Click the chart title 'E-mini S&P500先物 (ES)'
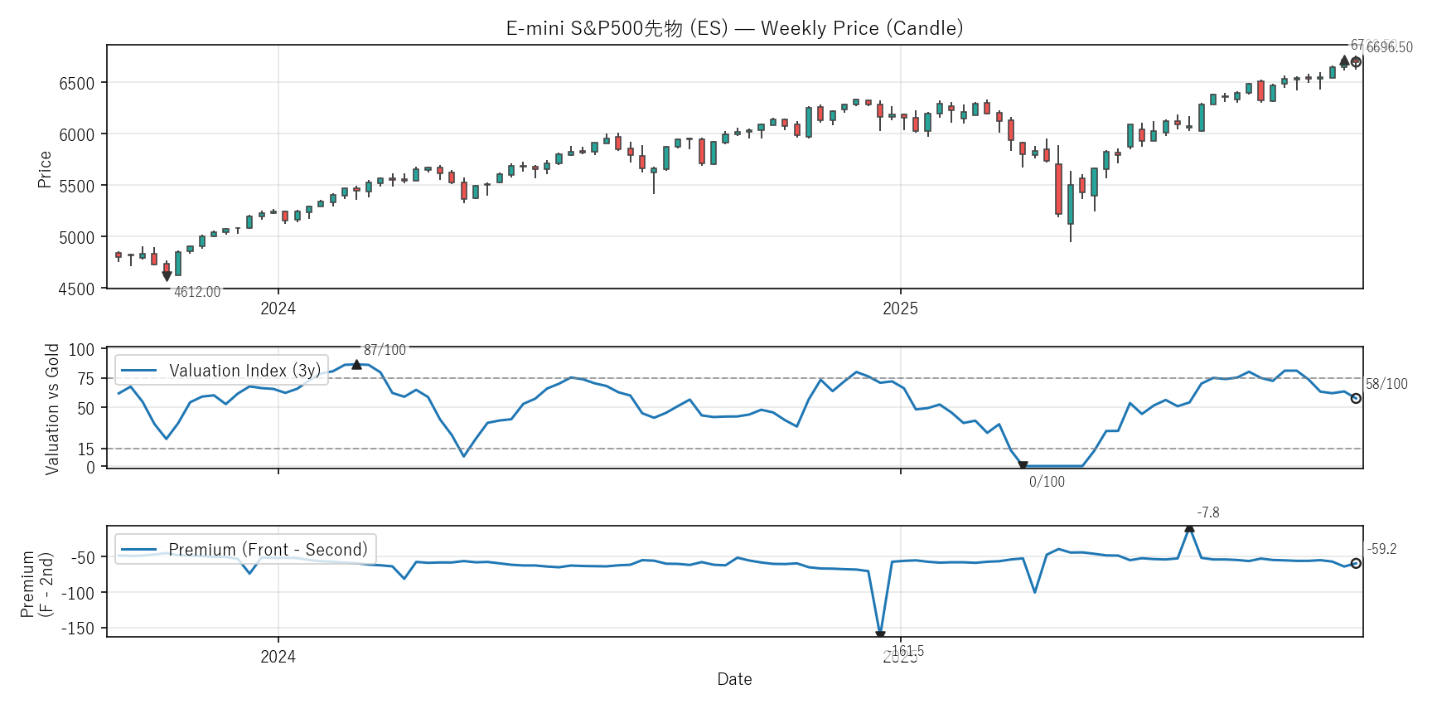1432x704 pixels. click(734, 28)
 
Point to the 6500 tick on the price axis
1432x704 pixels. click(76, 83)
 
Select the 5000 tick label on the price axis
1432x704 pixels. click(76, 238)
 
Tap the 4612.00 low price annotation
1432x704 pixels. click(197, 292)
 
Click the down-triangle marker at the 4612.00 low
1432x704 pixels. click(167, 276)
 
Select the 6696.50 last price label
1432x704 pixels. click(1389, 48)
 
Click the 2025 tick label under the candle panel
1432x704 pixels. click(900, 309)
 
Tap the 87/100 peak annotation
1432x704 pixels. click(385, 350)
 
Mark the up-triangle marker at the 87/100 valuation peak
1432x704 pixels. click(356, 364)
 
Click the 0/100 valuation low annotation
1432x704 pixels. click(1047, 482)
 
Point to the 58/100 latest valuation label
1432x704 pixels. click(1386, 384)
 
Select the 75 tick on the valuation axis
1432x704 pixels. click(86, 379)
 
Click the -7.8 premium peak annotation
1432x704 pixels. click(1207, 512)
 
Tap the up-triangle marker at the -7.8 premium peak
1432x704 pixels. click(1189, 527)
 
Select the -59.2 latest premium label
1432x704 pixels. click(1381, 549)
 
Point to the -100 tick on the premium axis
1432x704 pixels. click(78, 593)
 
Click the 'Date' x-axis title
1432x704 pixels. click(734, 679)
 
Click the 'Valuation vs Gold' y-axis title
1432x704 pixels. click(52, 409)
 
